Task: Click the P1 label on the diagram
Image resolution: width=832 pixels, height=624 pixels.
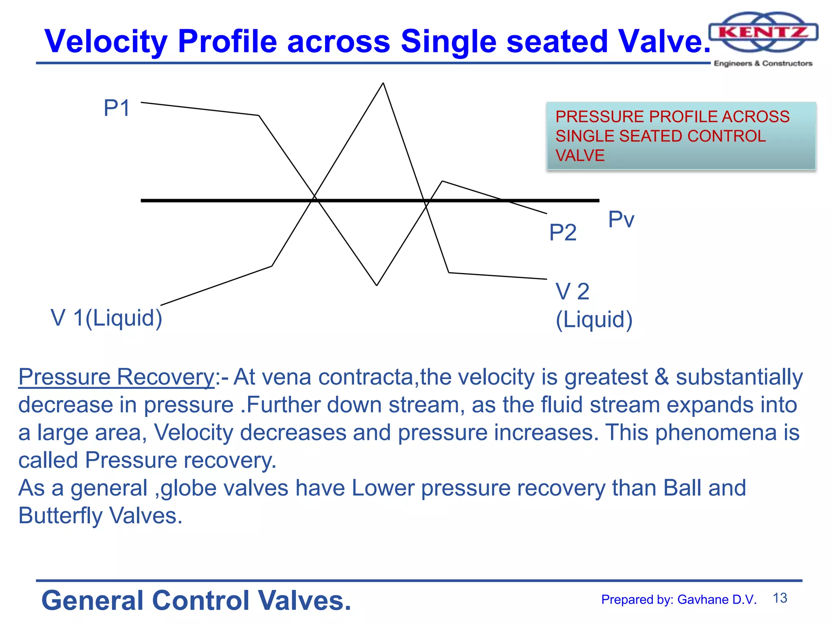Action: (x=117, y=108)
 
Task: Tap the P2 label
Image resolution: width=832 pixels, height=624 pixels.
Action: (x=563, y=233)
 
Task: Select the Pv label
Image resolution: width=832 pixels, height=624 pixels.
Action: (x=621, y=220)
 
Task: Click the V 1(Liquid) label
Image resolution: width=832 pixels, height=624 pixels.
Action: (x=106, y=318)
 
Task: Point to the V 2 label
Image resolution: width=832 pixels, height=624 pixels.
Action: (x=572, y=292)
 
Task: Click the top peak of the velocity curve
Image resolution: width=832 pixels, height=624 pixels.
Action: (x=383, y=83)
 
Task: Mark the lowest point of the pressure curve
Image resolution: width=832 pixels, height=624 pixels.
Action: (x=377, y=285)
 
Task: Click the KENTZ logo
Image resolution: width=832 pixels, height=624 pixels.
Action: (x=763, y=32)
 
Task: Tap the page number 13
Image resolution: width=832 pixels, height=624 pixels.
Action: (x=780, y=598)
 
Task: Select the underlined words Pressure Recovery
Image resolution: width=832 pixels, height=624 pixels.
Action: (x=116, y=377)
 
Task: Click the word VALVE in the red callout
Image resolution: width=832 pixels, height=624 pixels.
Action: (x=580, y=156)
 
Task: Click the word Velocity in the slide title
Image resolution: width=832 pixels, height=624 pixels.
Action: (x=106, y=41)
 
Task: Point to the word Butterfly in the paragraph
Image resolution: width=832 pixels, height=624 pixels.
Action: (x=60, y=516)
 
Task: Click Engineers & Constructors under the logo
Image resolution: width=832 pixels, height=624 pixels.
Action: (x=763, y=63)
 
